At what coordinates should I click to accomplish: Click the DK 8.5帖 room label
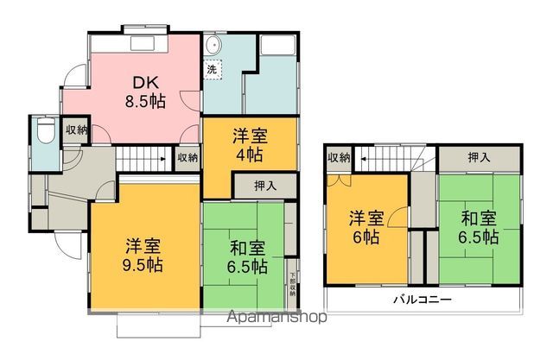[x=143, y=91]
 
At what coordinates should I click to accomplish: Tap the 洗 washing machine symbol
[x=211, y=68]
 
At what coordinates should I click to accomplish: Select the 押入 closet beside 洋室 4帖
[x=265, y=186]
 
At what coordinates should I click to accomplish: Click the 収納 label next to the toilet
[x=77, y=129]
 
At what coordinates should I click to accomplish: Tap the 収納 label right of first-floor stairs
[x=188, y=158]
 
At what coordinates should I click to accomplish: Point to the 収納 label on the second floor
[x=339, y=158]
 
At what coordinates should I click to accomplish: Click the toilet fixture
[x=42, y=131]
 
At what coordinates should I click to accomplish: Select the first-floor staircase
[x=143, y=159]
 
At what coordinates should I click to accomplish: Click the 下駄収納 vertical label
[x=292, y=286]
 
